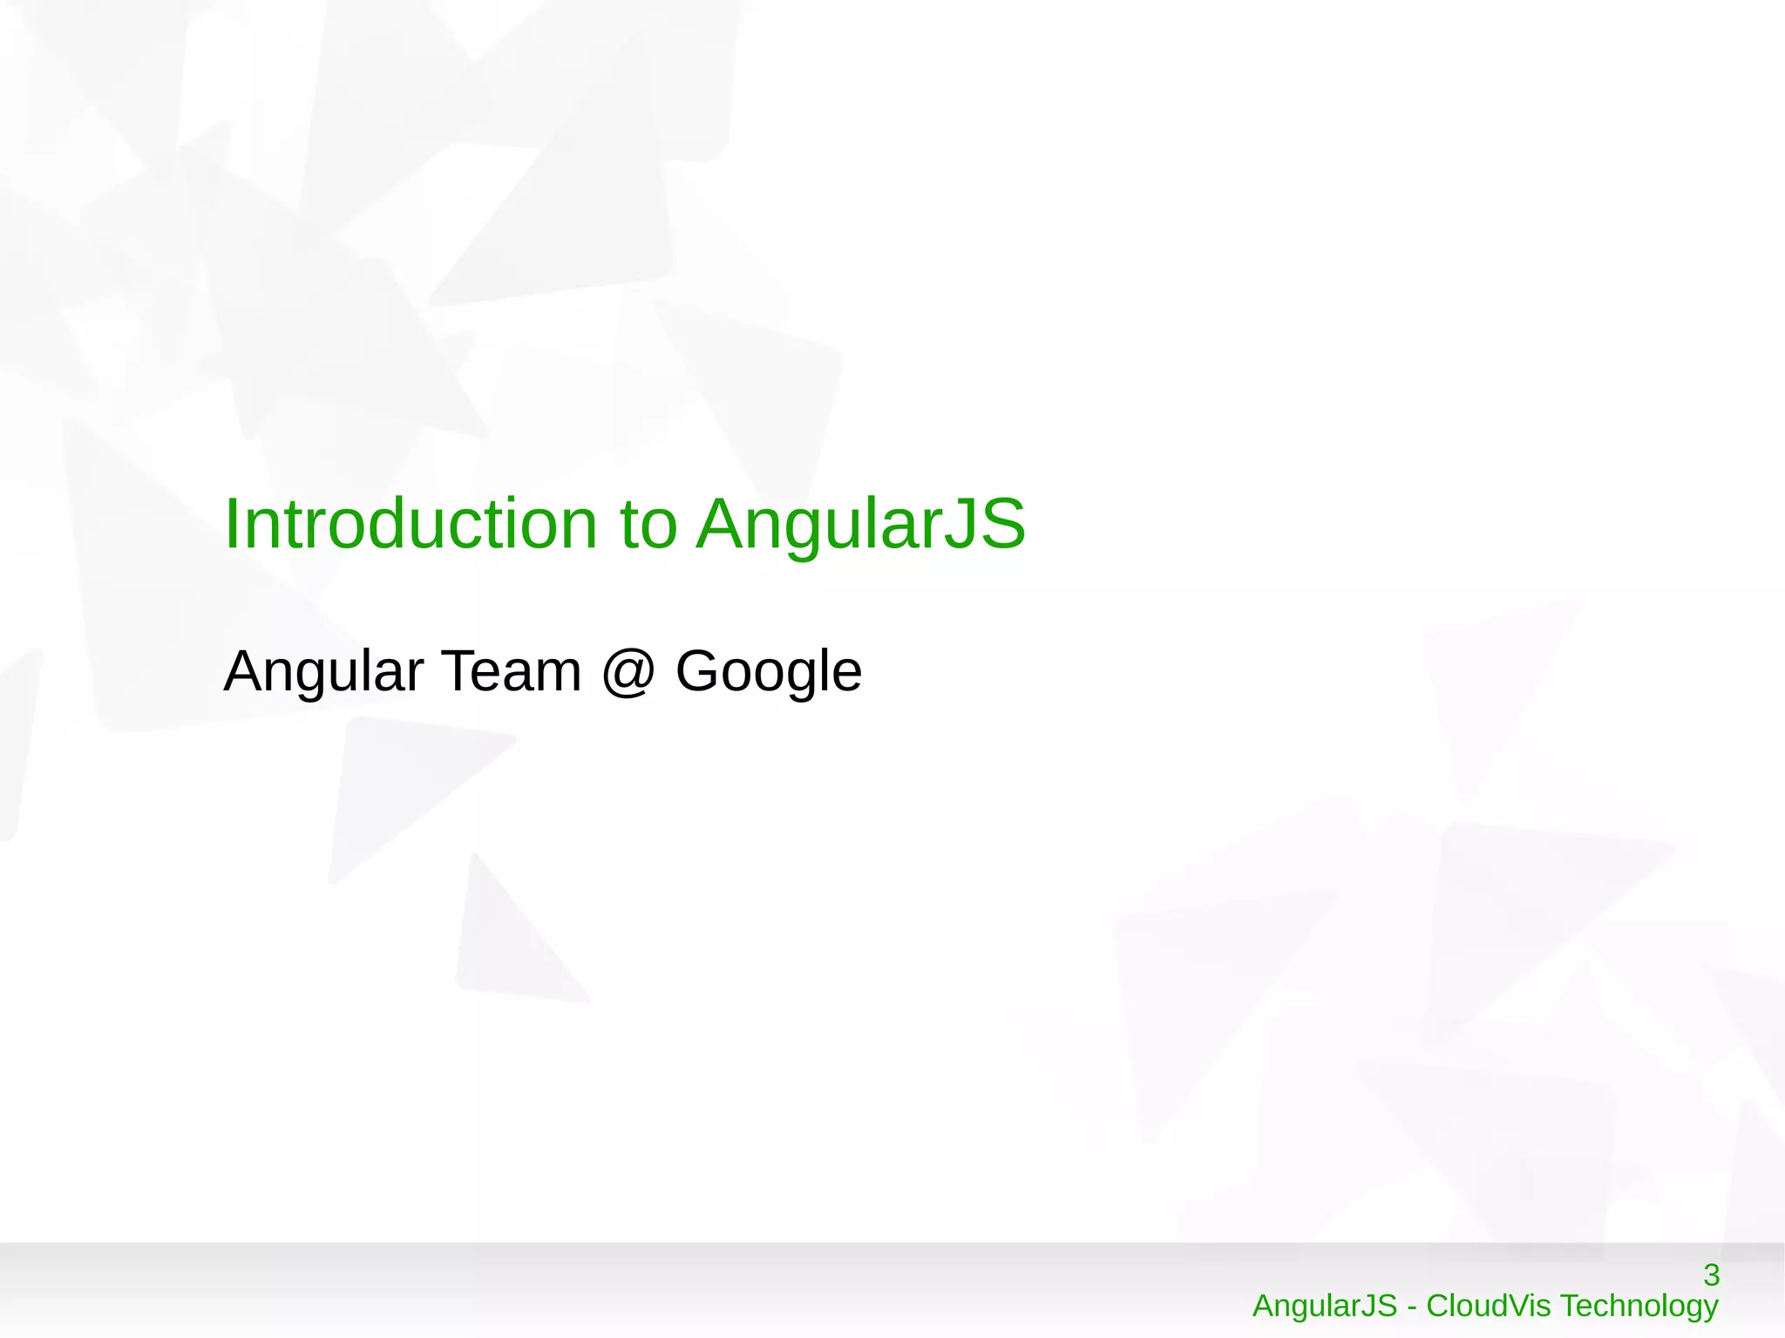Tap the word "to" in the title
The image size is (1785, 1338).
[648, 526]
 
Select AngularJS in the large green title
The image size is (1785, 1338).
[861, 526]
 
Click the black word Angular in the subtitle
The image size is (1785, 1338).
[323, 672]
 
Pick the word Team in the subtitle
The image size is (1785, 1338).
[512, 671]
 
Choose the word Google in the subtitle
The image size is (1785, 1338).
[769, 672]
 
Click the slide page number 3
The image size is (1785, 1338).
[1711, 1275]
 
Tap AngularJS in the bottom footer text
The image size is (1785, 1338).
[1324, 1306]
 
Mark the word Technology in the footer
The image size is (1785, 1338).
[1639, 1306]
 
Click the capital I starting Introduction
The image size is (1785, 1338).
[231, 524]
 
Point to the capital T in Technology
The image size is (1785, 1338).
[1570, 1306]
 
